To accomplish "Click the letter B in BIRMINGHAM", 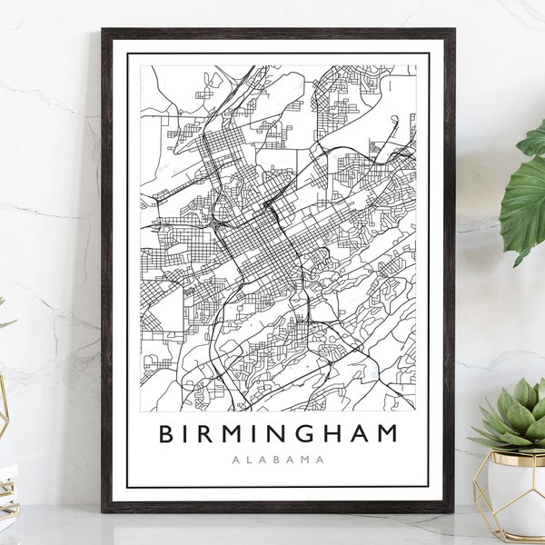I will [166, 433].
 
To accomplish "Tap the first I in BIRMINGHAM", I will [188, 433].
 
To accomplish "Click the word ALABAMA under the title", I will [278, 460].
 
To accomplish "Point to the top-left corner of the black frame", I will [104, 31].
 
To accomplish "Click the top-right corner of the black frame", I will [453, 31].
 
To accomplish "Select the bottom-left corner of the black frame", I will [104, 510].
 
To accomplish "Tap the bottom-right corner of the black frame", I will [453, 510].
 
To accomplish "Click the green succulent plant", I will [514, 420].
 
